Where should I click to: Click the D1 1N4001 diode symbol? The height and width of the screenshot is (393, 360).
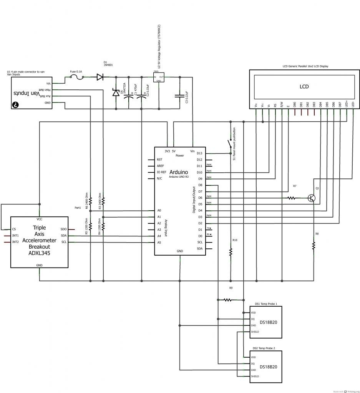point(100,77)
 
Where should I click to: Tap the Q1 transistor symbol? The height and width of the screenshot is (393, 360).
point(312,198)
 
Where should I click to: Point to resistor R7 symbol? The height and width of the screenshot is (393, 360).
point(292,198)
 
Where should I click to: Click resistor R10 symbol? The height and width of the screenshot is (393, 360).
point(231,252)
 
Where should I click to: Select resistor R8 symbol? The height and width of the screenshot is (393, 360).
point(314,245)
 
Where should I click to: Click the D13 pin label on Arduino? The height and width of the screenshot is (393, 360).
point(199,154)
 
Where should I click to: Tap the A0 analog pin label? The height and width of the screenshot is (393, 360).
point(159,210)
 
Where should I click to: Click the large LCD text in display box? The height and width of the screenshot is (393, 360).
point(304,87)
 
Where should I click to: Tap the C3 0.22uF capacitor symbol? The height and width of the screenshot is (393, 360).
point(179,96)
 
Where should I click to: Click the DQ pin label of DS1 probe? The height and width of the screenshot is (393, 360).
point(253,319)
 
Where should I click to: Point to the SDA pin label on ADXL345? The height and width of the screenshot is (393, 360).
point(64,236)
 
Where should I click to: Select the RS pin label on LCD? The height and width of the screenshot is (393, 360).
point(275,104)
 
